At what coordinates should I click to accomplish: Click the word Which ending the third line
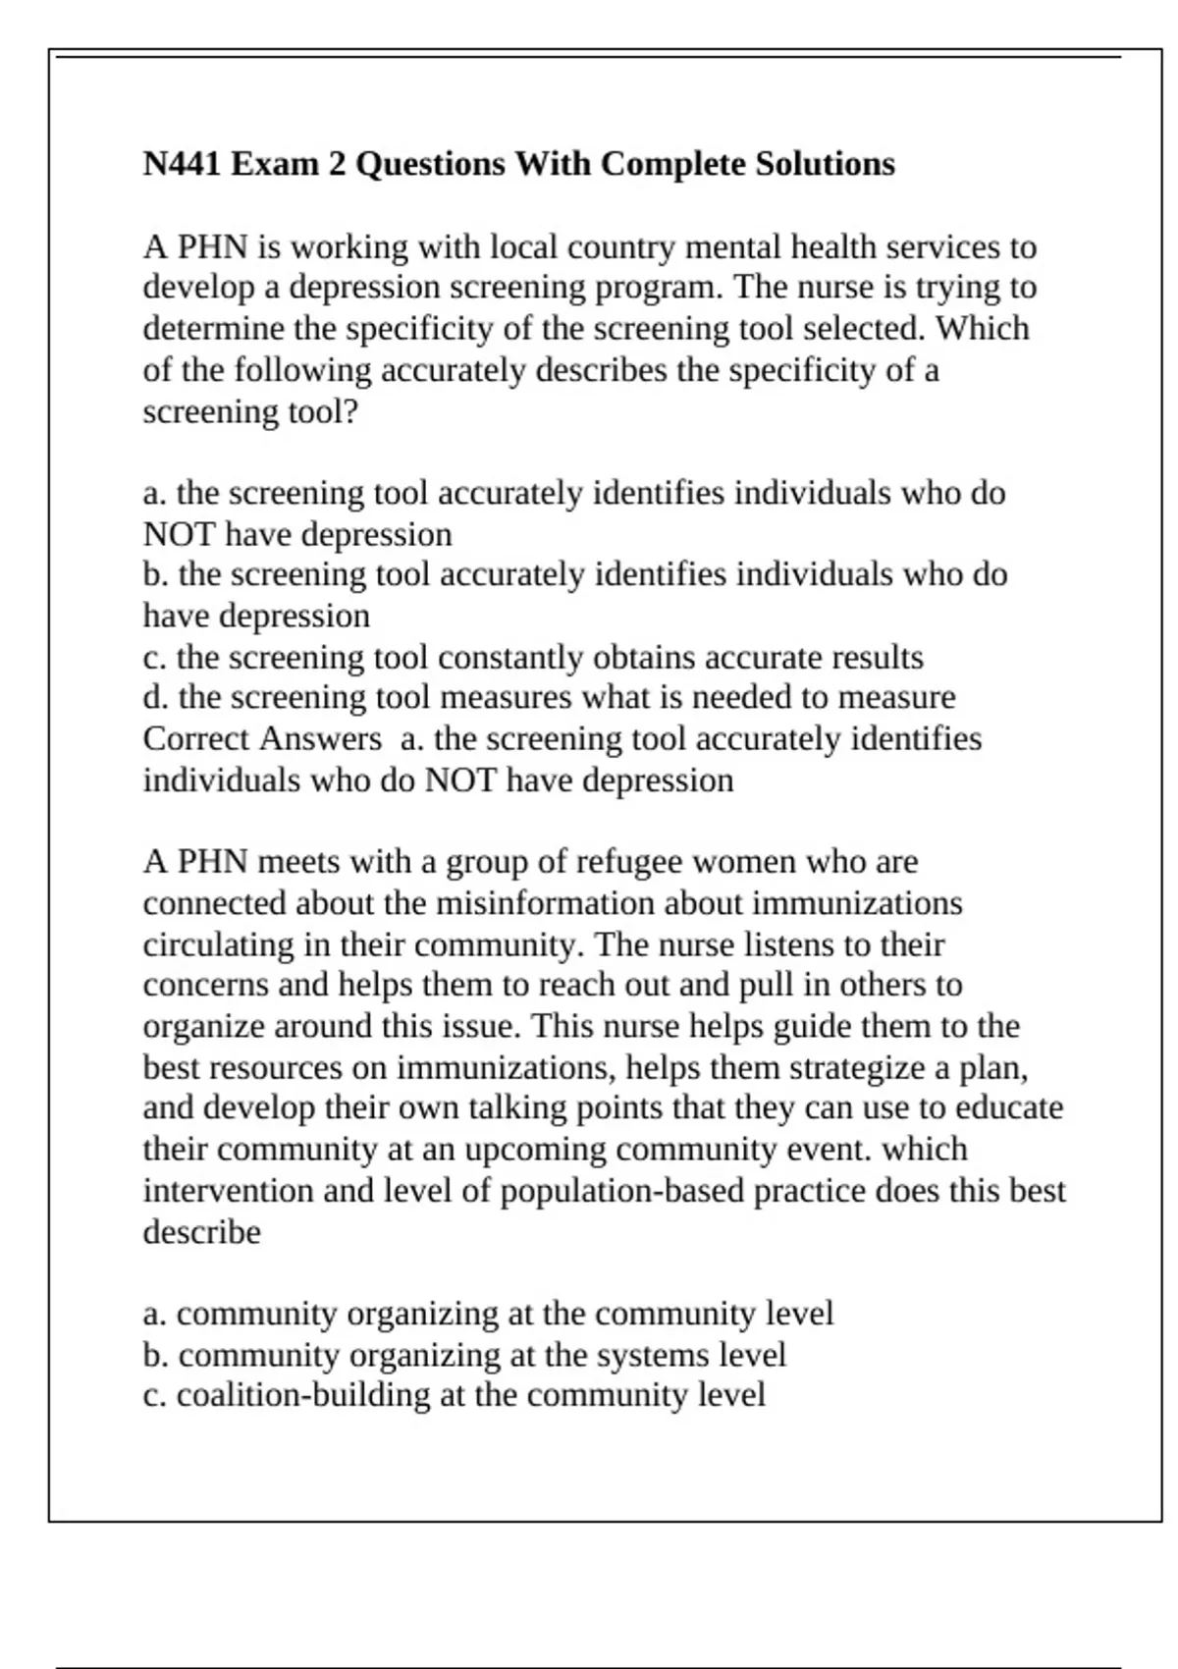point(982,329)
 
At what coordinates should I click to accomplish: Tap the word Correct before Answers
point(196,739)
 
